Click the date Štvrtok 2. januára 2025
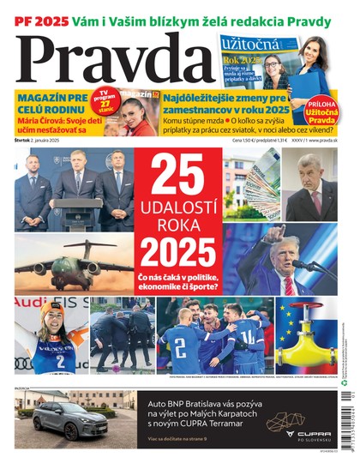44,140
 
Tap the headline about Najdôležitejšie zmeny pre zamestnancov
227,104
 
